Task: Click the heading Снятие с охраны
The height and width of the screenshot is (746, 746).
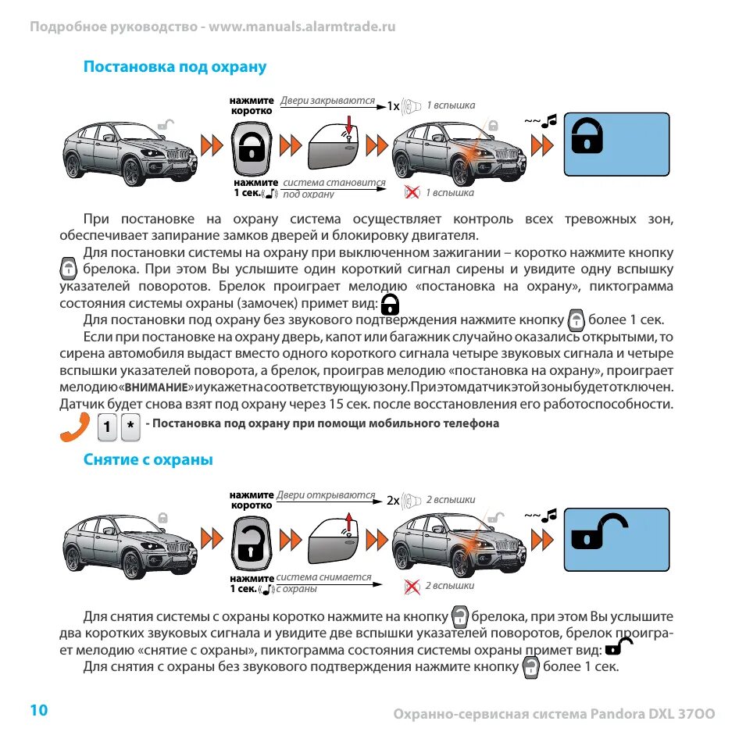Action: click(148, 460)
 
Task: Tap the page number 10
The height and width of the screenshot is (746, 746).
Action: click(39, 709)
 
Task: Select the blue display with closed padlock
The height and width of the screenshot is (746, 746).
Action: click(617, 144)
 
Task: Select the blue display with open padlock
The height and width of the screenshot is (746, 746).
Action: click(617, 538)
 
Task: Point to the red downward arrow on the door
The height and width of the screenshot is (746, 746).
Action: click(348, 123)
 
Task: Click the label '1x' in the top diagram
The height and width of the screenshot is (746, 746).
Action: click(393, 105)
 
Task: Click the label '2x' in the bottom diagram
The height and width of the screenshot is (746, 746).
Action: click(393, 500)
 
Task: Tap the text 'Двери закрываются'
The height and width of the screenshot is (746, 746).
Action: click(327, 102)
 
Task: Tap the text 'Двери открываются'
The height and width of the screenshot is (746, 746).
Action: click(327, 495)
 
